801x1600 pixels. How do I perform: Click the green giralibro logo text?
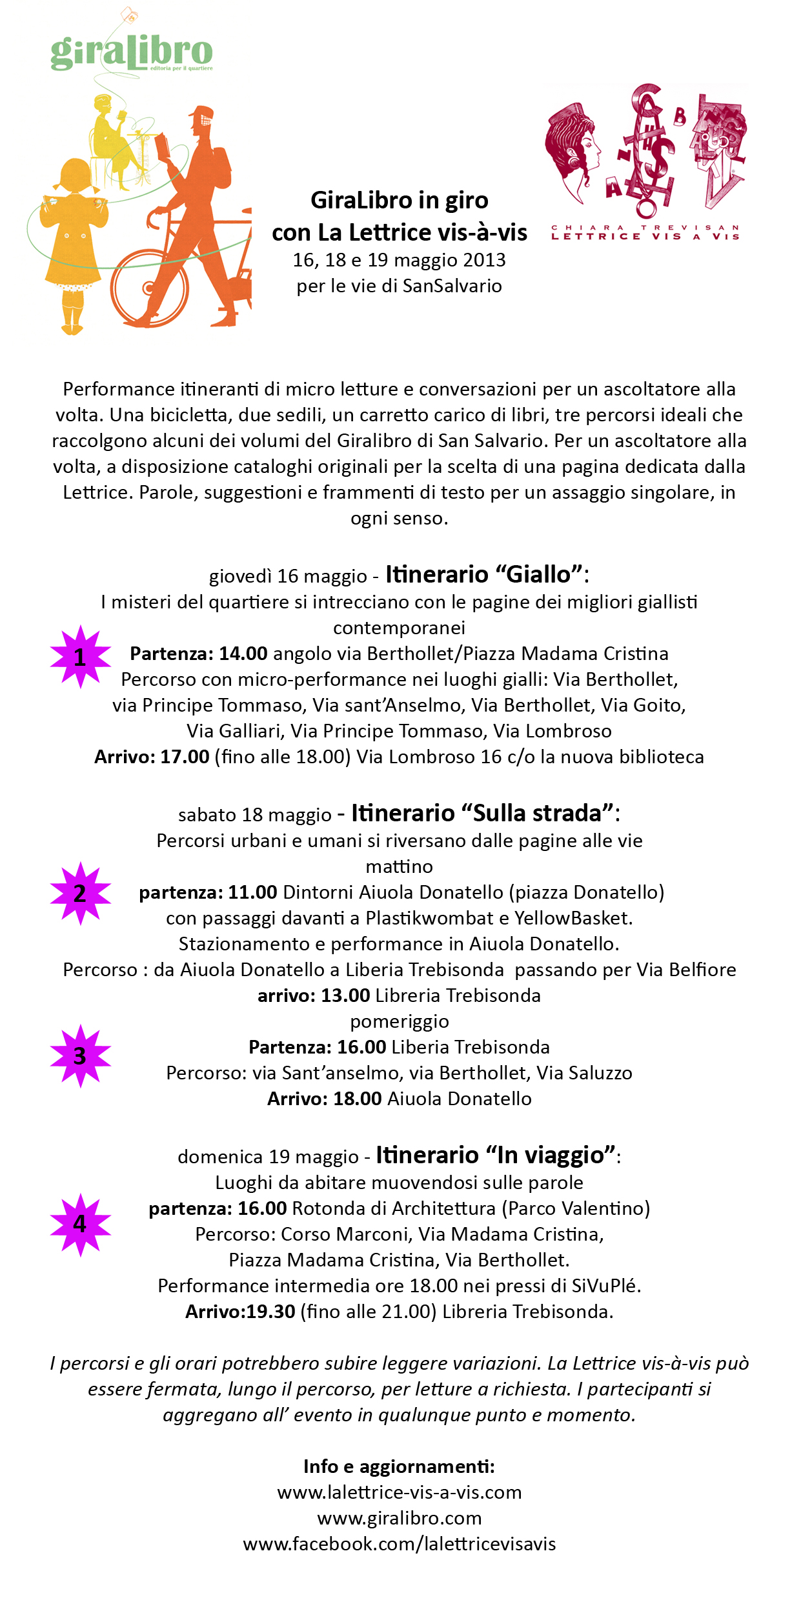tap(132, 53)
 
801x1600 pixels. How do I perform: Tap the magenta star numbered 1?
tap(80, 657)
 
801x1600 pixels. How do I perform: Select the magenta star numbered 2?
tap(80, 894)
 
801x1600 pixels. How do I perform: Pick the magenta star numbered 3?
tap(80, 1056)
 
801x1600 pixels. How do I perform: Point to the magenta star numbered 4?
tap(80, 1224)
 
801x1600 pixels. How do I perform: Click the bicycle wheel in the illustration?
tap(149, 286)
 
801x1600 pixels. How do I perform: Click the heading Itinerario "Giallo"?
tap(487, 574)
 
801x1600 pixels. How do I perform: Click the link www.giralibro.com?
tap(400, 1518)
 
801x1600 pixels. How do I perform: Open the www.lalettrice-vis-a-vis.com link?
tap(400, 1492)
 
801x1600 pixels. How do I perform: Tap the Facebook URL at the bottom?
tap(400, 1544)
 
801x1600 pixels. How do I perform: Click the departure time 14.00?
tap(243, 654)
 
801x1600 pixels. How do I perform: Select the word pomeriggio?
tap(400, 1022)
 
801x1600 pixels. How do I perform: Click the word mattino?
tap(400, 866)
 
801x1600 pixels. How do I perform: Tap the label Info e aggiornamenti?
tap(400, 1466)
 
